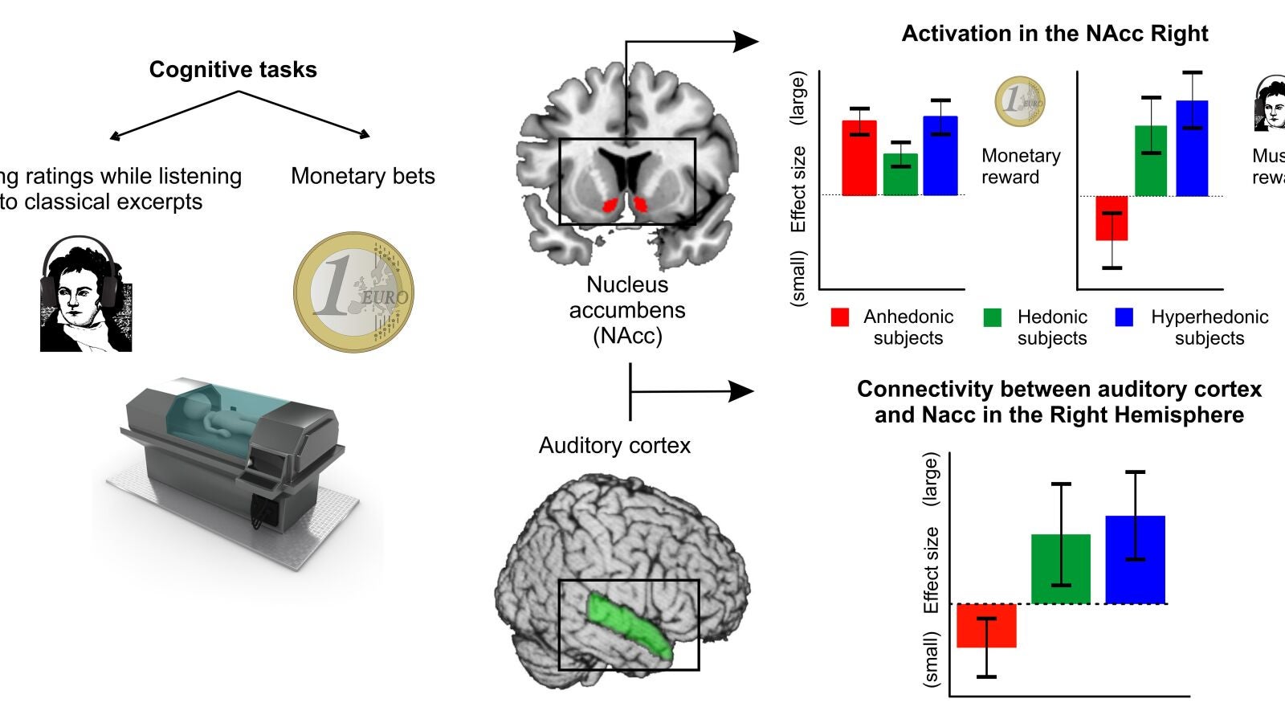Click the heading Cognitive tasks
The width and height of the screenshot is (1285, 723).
point(233,70)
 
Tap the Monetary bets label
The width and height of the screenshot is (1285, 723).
point(363,176)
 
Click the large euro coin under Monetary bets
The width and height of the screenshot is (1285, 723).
point(353,292)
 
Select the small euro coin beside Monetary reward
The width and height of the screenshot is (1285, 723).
point(1020,102)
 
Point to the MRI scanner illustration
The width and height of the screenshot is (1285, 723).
point(233,462)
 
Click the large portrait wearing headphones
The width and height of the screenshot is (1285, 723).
point(84,295)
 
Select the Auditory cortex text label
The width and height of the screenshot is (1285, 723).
point(614,446)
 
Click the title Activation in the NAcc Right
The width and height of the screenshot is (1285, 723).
point(1055,34)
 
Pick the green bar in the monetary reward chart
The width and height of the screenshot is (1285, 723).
point(900,174)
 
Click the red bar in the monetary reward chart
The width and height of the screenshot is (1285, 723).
point(859,158)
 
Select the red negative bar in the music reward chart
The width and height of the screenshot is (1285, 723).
point(1112,218)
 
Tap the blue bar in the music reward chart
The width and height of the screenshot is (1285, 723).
point(1192,149)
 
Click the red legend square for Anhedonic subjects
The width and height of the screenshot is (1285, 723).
point(840,317)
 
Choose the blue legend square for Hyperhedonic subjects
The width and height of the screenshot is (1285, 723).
point(1124,317)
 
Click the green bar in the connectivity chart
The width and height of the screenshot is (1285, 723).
point(1061,569)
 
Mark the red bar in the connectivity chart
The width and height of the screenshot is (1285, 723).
point(986,625)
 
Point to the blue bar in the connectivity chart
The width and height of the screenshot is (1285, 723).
point(1135,559)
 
